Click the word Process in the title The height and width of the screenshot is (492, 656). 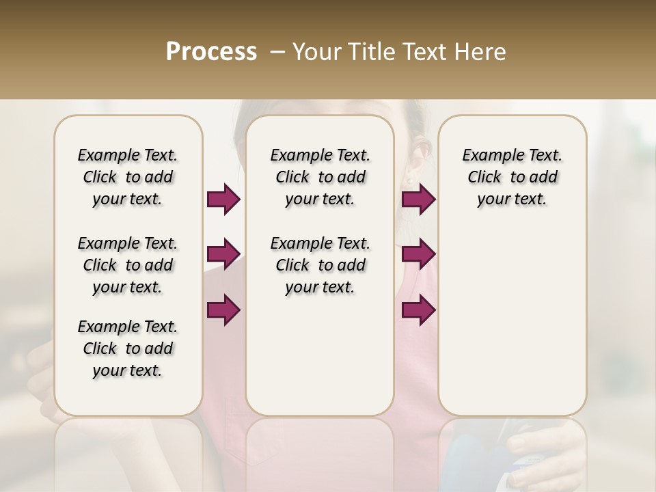point(211,52)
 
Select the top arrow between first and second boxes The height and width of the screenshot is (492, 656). point(223,200)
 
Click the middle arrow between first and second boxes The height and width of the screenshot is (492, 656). point(223,254)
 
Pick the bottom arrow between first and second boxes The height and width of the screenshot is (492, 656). point(223,310)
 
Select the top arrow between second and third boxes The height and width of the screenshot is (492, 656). point(418,200)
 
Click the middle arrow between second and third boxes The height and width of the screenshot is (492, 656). point(418,254)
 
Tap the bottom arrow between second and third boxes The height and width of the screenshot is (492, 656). point(418,310)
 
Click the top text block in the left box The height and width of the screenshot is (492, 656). point(128,177)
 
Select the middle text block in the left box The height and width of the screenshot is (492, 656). point(128,265)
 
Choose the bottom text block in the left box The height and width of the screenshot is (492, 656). point(128,348)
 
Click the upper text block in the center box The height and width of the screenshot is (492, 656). point(320,177)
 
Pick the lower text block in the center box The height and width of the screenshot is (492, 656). point(320,265)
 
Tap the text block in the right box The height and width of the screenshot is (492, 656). point(512,177)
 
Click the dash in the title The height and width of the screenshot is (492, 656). point(277,52)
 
